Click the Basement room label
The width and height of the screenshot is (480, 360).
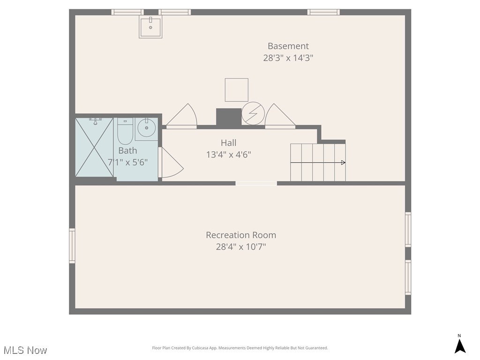(x=288, y=46)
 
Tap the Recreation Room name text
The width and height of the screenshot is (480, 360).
(x=241, y=235)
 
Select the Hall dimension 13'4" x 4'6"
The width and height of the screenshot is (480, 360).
(x=229, y=155)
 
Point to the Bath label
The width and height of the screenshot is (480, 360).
(x=127, y=150)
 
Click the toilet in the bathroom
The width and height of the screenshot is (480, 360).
(x=125, y=131)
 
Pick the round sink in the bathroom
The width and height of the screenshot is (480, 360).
(x=146, y=127)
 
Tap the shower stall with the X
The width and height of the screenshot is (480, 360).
(x=94, y=147)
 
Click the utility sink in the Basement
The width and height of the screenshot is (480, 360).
(x=150, y=27)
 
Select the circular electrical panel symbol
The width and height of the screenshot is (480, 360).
(x=253, y=113)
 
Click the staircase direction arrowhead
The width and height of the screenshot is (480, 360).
(x=344, y=163)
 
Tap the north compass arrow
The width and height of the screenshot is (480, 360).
(x=460, y=346)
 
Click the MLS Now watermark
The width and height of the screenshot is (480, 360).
(x=25, y=350)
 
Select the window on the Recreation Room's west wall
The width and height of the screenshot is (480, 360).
(x=72, y=246)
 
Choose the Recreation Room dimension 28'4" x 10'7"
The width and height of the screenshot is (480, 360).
(x=241, y=247)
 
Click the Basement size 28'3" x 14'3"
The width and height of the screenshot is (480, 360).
(x=288, y=58)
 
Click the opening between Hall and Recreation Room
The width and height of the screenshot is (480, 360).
(x=256, y=183)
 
